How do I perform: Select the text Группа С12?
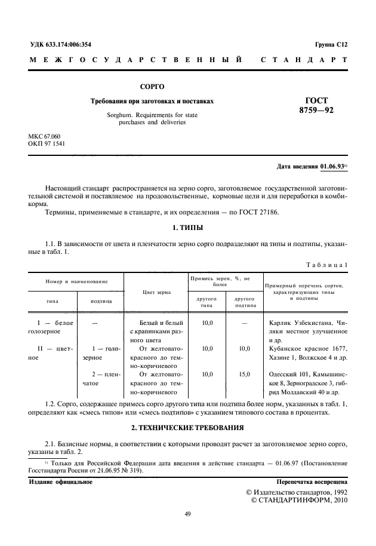(330, 45)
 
